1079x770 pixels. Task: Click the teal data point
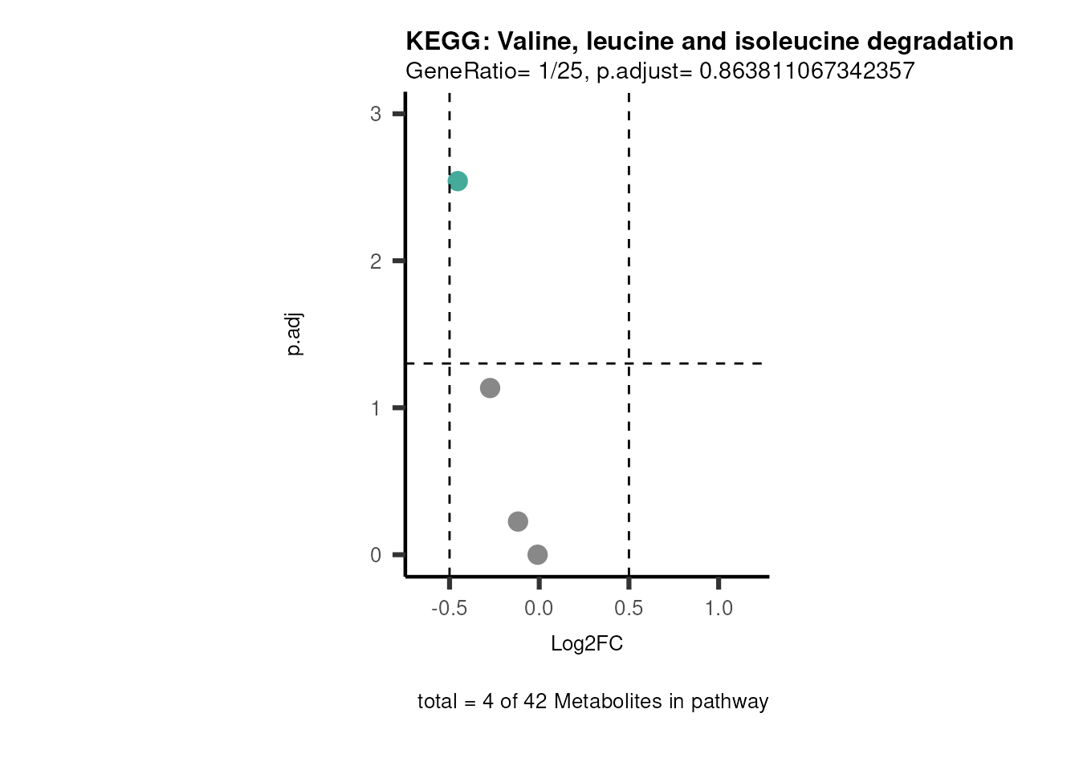click(x=458, y=181)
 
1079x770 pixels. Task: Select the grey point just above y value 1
click(x=490, y=388)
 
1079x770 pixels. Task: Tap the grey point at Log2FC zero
click(x=538, y=554)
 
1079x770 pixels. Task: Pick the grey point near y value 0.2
click(x=518, y=521)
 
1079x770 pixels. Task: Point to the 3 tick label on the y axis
click(x=376, y=114)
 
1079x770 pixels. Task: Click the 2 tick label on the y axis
click(x=376, y=261)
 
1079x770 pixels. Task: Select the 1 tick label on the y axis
click(x=376, y=408)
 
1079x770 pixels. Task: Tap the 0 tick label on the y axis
click(x=376, y=555)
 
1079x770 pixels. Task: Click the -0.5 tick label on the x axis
click(x=449, y=609)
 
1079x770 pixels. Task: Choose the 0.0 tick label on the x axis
click(x=539, y=609)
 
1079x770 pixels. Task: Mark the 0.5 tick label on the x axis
click(x=629, y=609)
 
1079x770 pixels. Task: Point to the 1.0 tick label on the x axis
click(x=719, y=609)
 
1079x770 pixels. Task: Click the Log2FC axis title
click(x=587, y=644)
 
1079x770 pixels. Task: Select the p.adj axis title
click(x=295, y=335)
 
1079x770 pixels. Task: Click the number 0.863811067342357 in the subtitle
click(x=807, y=71)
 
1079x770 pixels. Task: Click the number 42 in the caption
click(x=535, y=702)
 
